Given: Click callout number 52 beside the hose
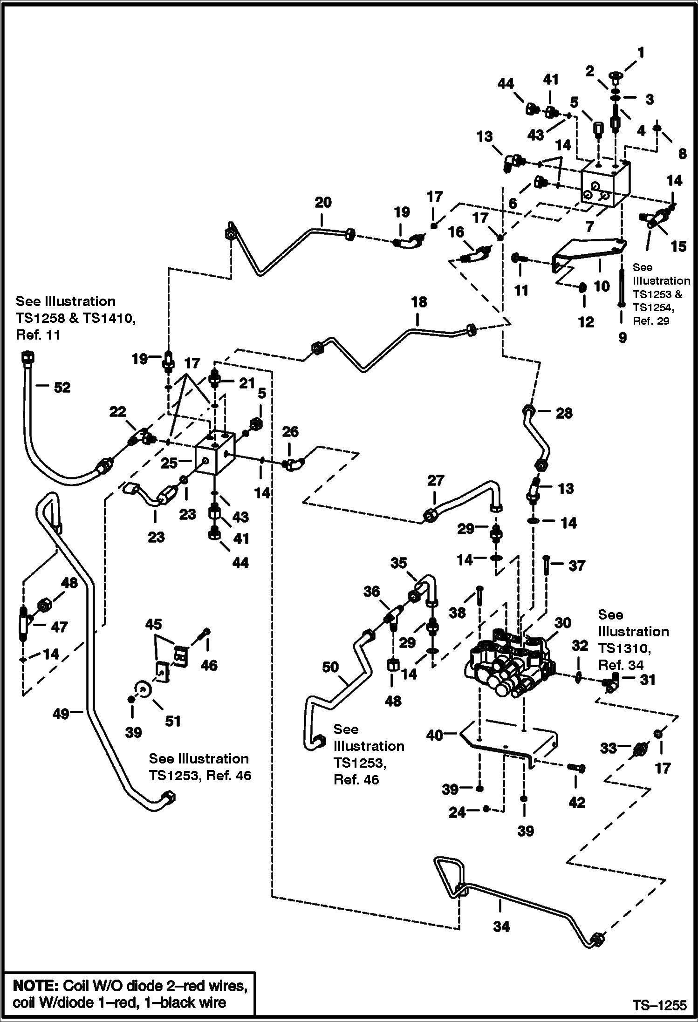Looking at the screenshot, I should (62, 388).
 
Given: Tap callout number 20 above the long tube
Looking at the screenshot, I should (323, 203).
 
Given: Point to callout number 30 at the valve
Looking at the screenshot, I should (563, 623).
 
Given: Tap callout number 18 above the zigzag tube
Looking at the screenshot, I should (419, 302).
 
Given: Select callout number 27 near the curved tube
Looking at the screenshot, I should (436, 480).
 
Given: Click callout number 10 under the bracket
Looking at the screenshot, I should (602, 286).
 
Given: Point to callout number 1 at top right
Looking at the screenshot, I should (641, 53).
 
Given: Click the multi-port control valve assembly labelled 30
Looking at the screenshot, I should (508, 667).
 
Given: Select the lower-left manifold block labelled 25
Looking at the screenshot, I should (214, 457).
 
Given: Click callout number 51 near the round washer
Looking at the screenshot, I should (173, 721).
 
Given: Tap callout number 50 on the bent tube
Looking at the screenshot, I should (330, 668).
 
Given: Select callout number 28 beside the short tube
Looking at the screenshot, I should (564, 413).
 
